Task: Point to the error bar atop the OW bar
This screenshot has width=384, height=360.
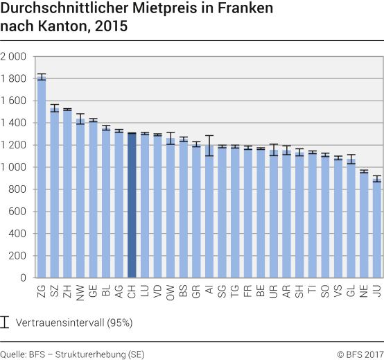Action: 171,138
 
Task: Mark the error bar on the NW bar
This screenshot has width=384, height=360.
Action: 80,119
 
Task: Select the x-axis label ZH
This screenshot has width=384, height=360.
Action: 67,292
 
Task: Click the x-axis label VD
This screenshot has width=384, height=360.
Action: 158,292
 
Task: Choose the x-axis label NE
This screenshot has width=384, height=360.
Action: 364,292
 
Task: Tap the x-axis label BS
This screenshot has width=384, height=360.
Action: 184,292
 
